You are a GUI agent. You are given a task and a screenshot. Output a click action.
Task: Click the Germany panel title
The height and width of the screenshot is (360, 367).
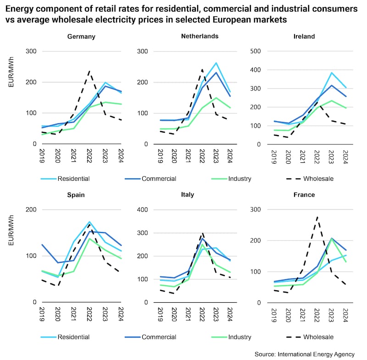point(81,36)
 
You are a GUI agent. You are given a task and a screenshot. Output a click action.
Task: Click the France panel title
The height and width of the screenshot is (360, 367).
point(304,194)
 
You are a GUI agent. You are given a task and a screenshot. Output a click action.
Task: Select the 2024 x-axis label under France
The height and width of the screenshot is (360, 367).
point(345,313)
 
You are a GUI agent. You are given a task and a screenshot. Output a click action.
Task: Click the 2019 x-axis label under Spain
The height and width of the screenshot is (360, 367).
point(42,313)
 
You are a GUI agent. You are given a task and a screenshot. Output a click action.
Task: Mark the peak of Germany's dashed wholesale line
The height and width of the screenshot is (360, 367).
point(89,72)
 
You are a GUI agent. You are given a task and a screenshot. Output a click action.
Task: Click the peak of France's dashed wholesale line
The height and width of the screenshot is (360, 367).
point(317,217)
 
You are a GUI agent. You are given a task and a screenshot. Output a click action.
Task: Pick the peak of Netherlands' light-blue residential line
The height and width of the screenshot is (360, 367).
point(216,63)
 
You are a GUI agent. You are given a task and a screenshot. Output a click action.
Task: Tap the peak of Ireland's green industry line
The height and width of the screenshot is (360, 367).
point(331,100)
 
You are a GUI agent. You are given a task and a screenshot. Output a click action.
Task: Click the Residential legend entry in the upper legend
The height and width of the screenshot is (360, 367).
point(73,178)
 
